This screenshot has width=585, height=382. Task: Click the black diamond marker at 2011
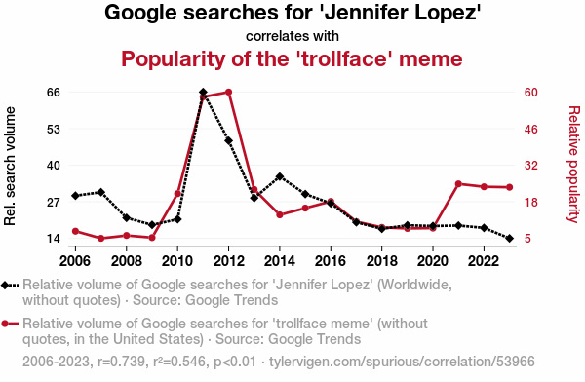pos(203,92)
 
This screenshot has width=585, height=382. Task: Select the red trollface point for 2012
pos(229,92)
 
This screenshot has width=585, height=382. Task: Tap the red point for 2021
pos(458,184)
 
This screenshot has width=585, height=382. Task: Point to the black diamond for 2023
pos(510,238)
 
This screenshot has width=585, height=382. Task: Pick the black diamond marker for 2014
pos(280,176)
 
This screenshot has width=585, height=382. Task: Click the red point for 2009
pos(152,237)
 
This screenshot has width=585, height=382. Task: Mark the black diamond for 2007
pos(100,192)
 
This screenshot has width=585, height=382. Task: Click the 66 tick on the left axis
pos(54,93)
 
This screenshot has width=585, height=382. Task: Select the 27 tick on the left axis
pos(54,203)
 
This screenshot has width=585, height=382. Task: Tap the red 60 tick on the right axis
pos(531,93)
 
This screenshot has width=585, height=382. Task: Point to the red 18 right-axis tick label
pos(531,203)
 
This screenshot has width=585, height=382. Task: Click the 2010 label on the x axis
pos(177,261)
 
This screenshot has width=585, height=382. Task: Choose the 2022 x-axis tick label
pos(484,261)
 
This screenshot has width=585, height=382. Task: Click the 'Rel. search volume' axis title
pos(10,166)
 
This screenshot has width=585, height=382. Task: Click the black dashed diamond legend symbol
pos(10,286)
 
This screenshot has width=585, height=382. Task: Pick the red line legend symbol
pos(10,324)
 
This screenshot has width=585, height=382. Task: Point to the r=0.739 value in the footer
pos(121,362)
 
